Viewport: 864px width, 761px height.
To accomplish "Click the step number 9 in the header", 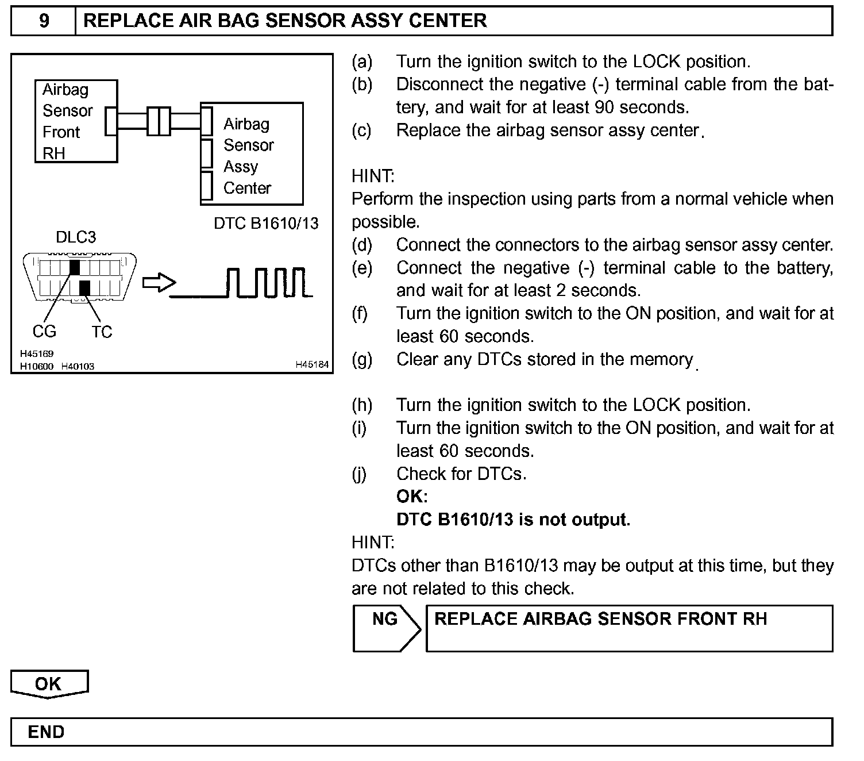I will click(x=44, y=21).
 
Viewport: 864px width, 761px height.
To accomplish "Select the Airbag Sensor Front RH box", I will click(x=76, y=121).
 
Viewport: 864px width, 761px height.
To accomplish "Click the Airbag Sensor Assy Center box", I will click(x=252, y=154).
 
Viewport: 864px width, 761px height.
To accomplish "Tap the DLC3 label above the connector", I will click(x=75, y=237).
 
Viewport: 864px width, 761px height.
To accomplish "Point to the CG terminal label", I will click(x=44, y=332).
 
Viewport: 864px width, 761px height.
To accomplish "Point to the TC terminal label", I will click(x=102, y=332).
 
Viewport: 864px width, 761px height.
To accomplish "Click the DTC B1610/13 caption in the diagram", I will click(x=266, y=224).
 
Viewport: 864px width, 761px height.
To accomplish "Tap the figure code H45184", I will click(x=312, y=364).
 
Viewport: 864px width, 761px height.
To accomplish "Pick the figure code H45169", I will click(x=37, y=354).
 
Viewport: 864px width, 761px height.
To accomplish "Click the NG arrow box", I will click(x=386, y=628).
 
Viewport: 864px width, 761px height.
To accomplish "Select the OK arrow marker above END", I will click(x=49, y=684).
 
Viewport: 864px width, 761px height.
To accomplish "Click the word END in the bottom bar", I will click(x=47, y=732).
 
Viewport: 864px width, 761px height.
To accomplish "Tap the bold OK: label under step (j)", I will click(x=412, y=497).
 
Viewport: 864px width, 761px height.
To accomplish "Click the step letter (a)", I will click(x=362, y=62).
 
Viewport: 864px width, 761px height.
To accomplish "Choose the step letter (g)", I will click(x=362, y=360).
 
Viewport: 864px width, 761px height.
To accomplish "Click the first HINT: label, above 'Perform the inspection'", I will click(x=373, y=176).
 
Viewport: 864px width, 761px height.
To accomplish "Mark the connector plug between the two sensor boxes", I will click(x=159, y=121).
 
